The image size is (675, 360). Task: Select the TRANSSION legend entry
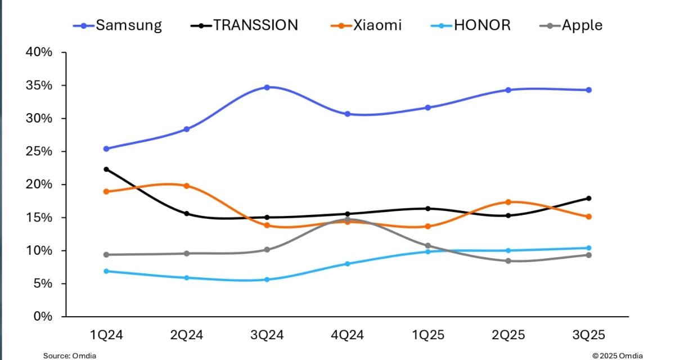tap(247, 25)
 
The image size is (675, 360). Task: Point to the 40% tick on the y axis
tap(39, 53)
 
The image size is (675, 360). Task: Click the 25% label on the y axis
tap(39, 152)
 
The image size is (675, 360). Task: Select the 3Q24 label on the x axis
tap(267, 335)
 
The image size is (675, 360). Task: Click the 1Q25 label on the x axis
tap(428, 335)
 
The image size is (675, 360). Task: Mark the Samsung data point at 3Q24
tap(267, 87)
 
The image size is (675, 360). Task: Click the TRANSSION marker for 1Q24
tap(106, 169)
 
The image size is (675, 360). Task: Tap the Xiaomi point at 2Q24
tap(187, 186)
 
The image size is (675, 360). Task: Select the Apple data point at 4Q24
tap(348, 219)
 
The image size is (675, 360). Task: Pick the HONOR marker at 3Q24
tap(267, 280)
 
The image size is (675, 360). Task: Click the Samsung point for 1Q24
tap(106, 148)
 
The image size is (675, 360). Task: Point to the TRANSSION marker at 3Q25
tap(589, 198)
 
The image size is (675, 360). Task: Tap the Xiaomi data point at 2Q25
tap(508, 202)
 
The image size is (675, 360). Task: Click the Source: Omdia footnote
tap(66, 355)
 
